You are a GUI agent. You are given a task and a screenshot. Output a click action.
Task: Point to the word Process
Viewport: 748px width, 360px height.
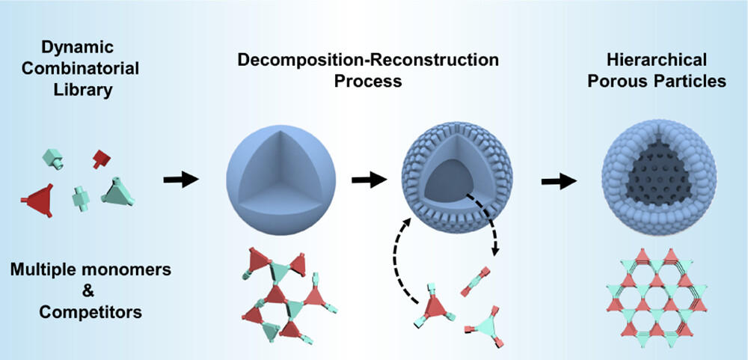click(368, 81)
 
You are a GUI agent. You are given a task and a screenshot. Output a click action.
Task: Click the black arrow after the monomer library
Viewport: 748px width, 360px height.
click(180, 179)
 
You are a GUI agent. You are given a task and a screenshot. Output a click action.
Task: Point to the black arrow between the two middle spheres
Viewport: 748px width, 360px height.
click(367, 180)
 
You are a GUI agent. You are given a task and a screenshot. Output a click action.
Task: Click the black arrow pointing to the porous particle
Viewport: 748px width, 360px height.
click(560, 180)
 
